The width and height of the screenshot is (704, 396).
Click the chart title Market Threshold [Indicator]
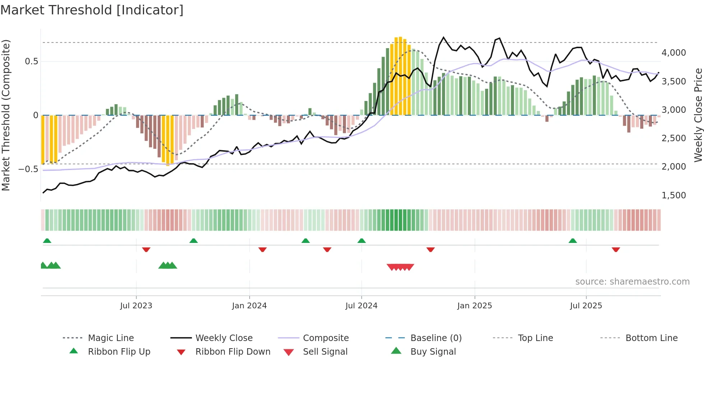pyautogui.click(x=92, y=10)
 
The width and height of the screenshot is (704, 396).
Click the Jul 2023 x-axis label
pyautogui.click(x=136, y=306)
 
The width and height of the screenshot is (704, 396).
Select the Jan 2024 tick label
pyautogui.click(x=249, y=306)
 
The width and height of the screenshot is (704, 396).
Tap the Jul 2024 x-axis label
pyautogui.click(x=361, y=306)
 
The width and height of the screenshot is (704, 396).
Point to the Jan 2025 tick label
pyautogui.click(x=474, y=306)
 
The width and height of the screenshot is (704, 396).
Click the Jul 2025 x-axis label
pyautogui.click(x=586, y=306)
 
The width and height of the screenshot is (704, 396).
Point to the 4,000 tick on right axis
pyautogui.click(x=673, y=53)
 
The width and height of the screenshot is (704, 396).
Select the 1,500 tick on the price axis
pyautogui.click(x=673, y=195)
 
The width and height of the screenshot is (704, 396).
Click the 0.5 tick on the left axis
pyautogui.click(x=31, y=61)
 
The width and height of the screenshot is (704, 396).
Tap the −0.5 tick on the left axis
pyautogui.click(x=28, y=169)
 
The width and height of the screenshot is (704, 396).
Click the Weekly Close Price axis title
pyautogui.click(x=698, y=115)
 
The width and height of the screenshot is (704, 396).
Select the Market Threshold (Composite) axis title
pyautogui.click(x=6, y=115)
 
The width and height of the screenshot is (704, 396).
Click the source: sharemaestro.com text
pyautogui.click(x=632, y=282)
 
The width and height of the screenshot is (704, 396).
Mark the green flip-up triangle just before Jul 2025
pyautogui.click(x=573, y=241)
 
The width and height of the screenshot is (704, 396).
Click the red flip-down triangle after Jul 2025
pyautogui.click(x=616, y=249)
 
